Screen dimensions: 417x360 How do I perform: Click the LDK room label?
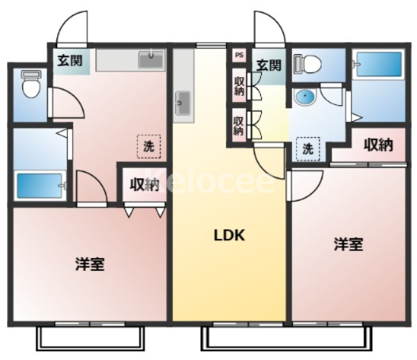(229, 235)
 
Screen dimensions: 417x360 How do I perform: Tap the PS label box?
(239, 55)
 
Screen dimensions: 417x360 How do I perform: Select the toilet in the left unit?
(31, 84)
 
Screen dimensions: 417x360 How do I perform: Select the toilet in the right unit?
(307, 64)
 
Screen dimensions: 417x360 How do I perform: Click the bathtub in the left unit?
(40, 186)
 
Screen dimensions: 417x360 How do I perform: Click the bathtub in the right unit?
(379, 64)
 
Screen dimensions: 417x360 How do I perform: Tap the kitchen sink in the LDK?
(183, 103)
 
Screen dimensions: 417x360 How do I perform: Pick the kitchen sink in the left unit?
(151, 59)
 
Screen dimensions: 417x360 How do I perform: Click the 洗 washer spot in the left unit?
(149, 147)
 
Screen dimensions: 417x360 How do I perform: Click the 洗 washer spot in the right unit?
(308, 149)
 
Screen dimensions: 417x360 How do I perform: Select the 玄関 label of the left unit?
(70, 61)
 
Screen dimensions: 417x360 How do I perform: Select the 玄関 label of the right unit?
(269, 65)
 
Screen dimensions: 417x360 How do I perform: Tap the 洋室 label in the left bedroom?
(90, 264)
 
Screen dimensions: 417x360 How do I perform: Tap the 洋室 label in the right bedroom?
(349, 244)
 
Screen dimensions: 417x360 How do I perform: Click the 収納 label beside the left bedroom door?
(144, 185)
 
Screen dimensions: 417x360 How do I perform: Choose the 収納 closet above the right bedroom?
(378, 145)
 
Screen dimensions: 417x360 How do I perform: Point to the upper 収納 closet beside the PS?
(239, 85)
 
